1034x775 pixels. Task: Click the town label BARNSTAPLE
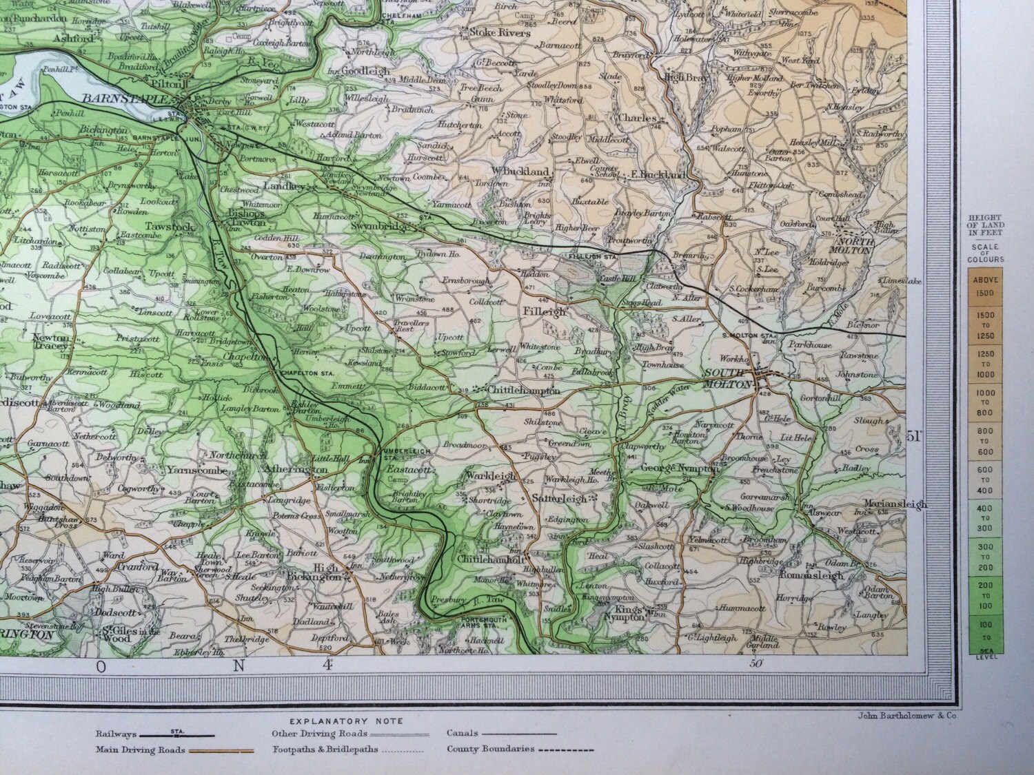pyautogui.click(x=124, y=99)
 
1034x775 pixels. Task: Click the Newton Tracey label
pyautogui.click(x=52, y=342)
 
